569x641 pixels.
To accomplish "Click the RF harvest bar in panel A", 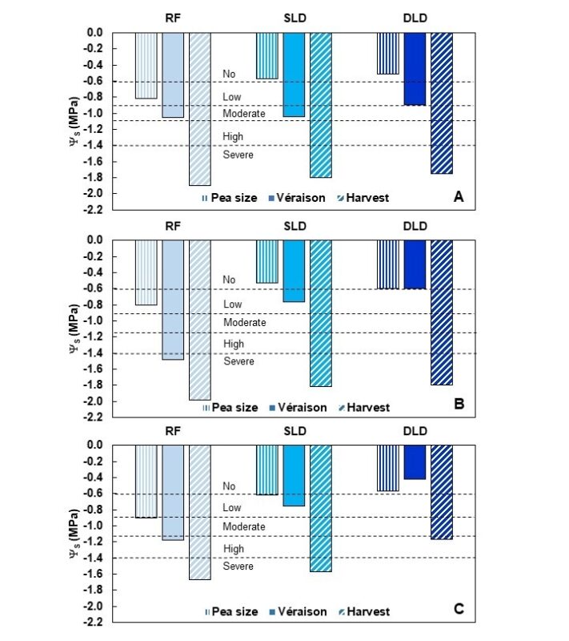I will pyautogui.click(x=200, y=108).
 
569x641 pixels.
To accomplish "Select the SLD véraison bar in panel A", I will pyautogui.click(x=294, y=75).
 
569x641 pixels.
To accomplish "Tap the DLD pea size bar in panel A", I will pyautogui.click(x=388, y=54).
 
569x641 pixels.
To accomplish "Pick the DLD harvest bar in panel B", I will pyautogui.click(x=441, y=312).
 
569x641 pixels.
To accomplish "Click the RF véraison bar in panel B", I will pyautogui.click(x=173, y=300).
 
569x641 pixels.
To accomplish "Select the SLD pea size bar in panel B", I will pyautogui.click(x=267, y=261).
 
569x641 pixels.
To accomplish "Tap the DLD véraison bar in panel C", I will pyautogui.click(x=415, y=462).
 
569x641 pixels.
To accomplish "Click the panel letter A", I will pyautogui.click(x=459, y=196).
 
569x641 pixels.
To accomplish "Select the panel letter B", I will pyautogui.click(x=459, y=404).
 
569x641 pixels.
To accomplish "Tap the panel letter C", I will pyautogui.click(x=459, y=609).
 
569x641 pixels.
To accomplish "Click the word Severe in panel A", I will pyautogui.click(x=238, y=155).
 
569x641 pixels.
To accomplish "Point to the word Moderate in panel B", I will pyautogui.click(x=244, y=322).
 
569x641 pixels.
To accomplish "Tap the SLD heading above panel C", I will pyautogui.click(x=294, y=432).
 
